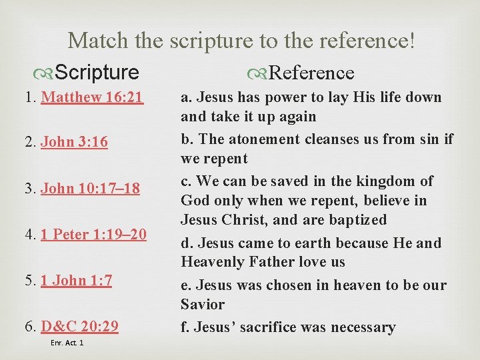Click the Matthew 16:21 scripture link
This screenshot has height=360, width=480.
coord(92,97)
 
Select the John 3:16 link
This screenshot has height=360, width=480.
coord(74,143)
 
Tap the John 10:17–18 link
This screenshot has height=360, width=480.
coord(90,189)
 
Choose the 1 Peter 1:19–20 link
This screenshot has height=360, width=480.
coord(93,234)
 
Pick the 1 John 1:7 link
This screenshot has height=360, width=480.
coord(76,280)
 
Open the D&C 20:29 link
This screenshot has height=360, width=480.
coord(79,326)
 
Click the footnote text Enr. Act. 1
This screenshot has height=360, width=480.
coord(67,343)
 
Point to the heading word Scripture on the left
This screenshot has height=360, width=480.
coord(97,72)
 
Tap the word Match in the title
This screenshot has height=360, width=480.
coord(97,41)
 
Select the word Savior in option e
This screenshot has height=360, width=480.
coord(203,304)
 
